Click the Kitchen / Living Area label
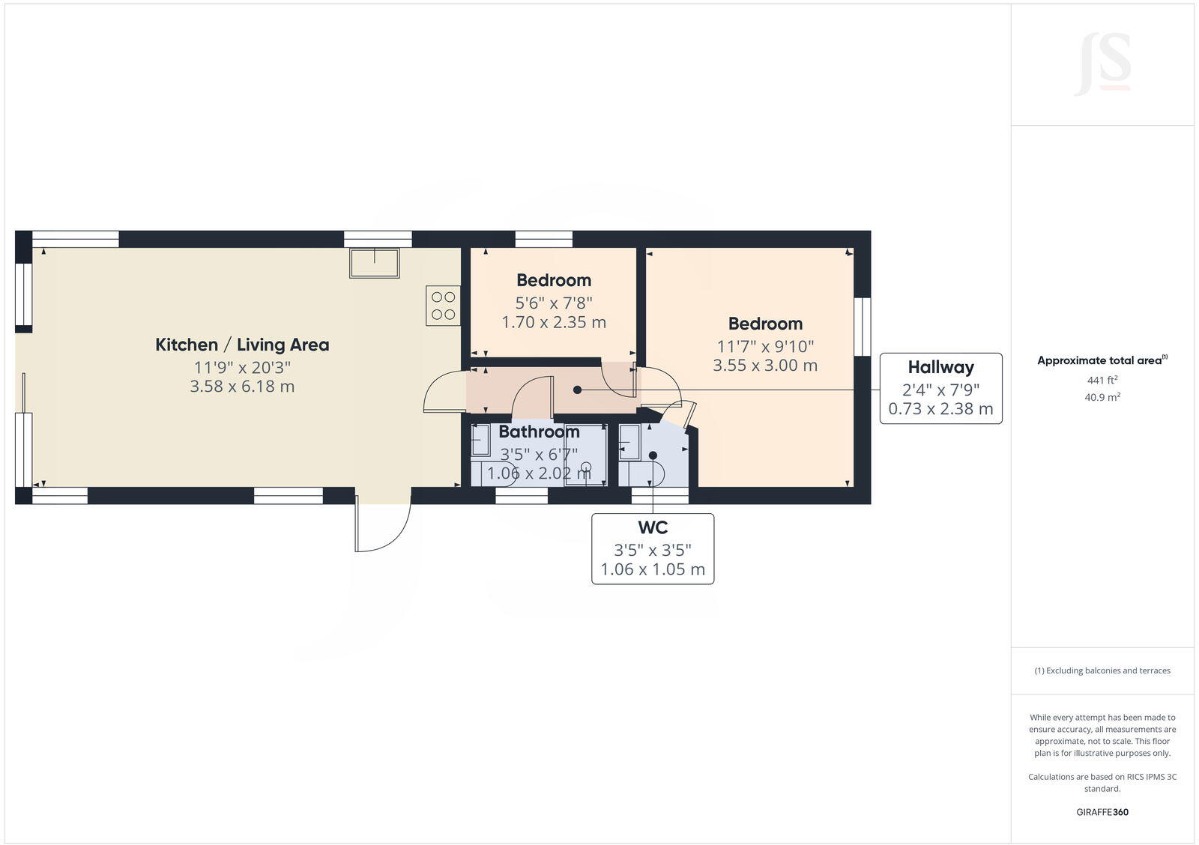click(x=242, y=345)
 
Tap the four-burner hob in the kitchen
click(x=442, y=306)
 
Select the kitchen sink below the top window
click(x=375, y=262)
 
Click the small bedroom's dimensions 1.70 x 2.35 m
click(x=554, y=322)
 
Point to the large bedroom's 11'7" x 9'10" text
click(x=765, y=347)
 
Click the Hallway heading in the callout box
click(x=940, y=367)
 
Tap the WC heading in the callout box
click(x=652, y=527)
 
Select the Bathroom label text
click(x=539, y=432)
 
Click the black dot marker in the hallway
click(x=577, y=390)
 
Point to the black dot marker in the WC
click(x=653, y=455)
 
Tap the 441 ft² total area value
click(x=1102, y=381)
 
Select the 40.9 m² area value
click(x=1102, y=398)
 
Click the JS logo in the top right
click(x=1103, y=65)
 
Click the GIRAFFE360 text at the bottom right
click(x=1102, y=812)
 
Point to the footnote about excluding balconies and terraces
click(x=1102, y=670)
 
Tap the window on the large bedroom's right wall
click(x=863, y=327)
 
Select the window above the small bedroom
click(x=544, y=239)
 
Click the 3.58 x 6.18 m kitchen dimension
click(x=242, y=387)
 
